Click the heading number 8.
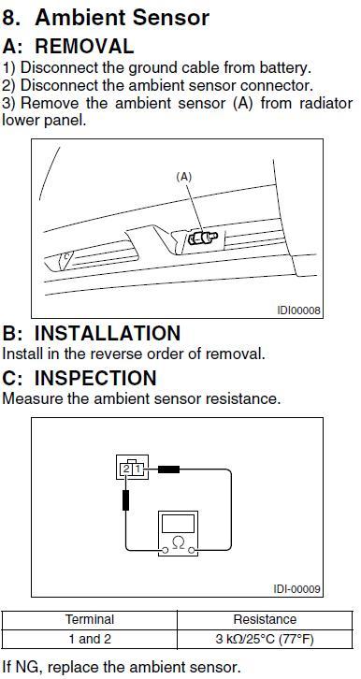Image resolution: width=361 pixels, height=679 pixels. click(13, 18)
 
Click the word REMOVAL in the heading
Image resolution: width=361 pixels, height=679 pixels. click(84, 47)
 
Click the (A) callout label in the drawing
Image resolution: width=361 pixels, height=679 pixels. click(183, 177)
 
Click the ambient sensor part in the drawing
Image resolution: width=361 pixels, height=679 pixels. click(203, 238)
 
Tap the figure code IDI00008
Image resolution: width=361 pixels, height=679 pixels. click(298, 311)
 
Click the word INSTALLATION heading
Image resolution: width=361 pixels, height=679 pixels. click(107, 333)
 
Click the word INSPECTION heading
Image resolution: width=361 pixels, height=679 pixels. click(95, 378)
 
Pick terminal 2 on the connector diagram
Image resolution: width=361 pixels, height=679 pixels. click(126, 469)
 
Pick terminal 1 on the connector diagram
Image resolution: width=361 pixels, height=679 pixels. click(137, 469)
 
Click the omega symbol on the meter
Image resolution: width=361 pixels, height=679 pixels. click(178, 542)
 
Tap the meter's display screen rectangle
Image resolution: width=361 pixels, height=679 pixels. click(178, 524)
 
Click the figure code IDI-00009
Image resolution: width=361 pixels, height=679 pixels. click(297, 589)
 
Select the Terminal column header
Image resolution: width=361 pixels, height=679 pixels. click(90, 619)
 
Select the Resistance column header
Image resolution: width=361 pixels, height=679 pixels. click(265, 619)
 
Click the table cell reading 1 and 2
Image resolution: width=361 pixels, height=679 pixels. click(90, 639)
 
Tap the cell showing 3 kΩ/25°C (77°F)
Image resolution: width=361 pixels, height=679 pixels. click(265, 639)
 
